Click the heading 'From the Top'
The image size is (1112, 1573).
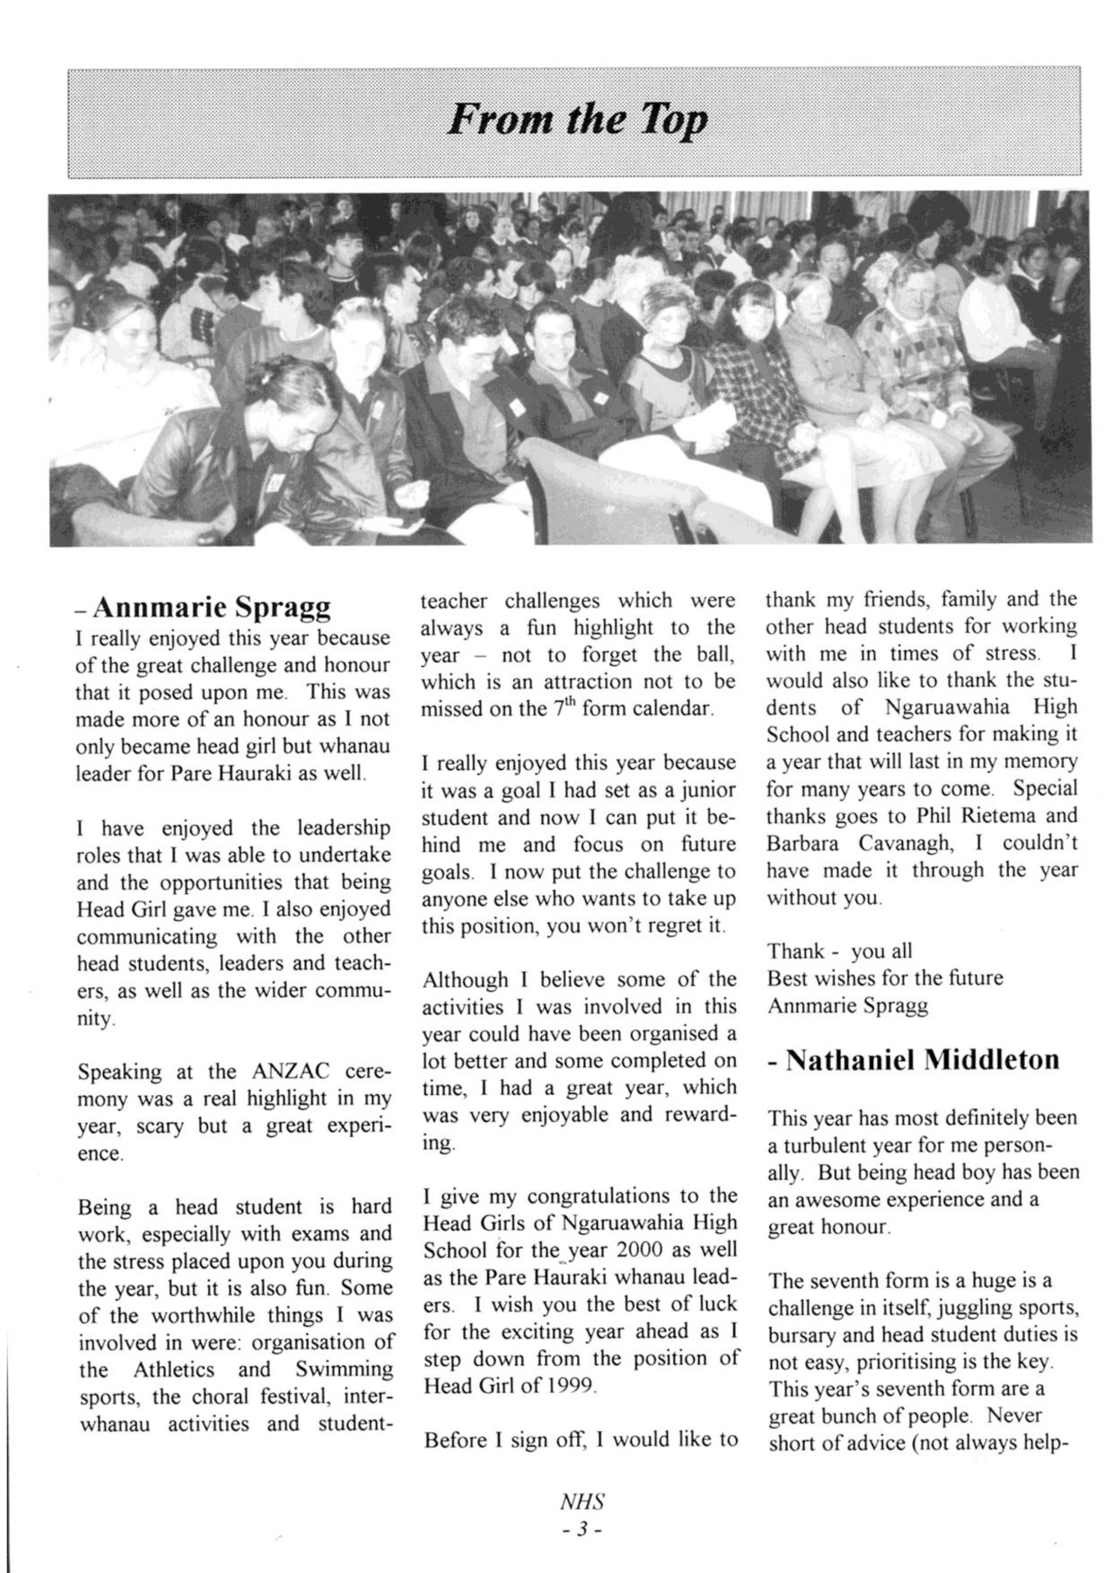(577, 121)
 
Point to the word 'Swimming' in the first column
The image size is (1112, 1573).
(343, 1369)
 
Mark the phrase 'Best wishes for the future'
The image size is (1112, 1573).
(885, 978)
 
